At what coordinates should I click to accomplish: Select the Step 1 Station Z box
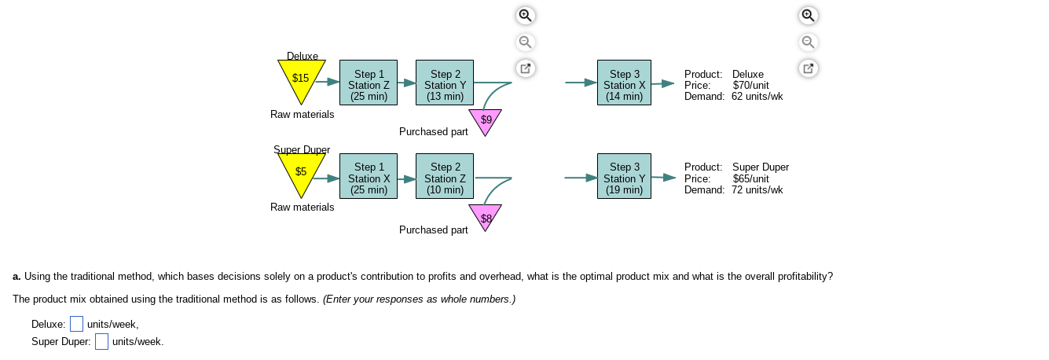pyautogui.click(x=369, y=85)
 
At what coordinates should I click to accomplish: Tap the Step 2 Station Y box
pyautogui.click(x=445, y=85)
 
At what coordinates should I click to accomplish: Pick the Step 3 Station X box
pyautogui.click(x=625, y=85)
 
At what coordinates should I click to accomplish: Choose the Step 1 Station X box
pyautogui.click(x=369, y=178)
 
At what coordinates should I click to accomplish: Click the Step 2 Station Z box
pyautogui.click(x=445, y=178)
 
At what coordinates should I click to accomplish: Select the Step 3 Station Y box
pyautogui.click(x=625, y=178)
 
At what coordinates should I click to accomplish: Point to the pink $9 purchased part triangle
pyautogui.click(x=486, y=121)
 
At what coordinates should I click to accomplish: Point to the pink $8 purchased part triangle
pyautogui.click(x=486, y=215)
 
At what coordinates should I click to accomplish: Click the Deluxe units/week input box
pyautogui.click(x=76, y=324)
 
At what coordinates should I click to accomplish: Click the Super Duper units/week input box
pyautogui.click(x=101, y=342)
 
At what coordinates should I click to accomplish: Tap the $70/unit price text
pyautogui.click(x=750, y=85)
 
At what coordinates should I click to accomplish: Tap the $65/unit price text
pyautogui.click(x=750, y=178)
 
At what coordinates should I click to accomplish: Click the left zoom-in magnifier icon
pyautogui.click(x=526, y=15)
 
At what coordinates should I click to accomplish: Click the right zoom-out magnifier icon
pyautogui.click(x=809, y=42)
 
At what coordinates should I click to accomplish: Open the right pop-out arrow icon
pyautogui.click(x=809, y=68)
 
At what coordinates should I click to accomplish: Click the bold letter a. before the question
pyautogui.click(x=17, y=276)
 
